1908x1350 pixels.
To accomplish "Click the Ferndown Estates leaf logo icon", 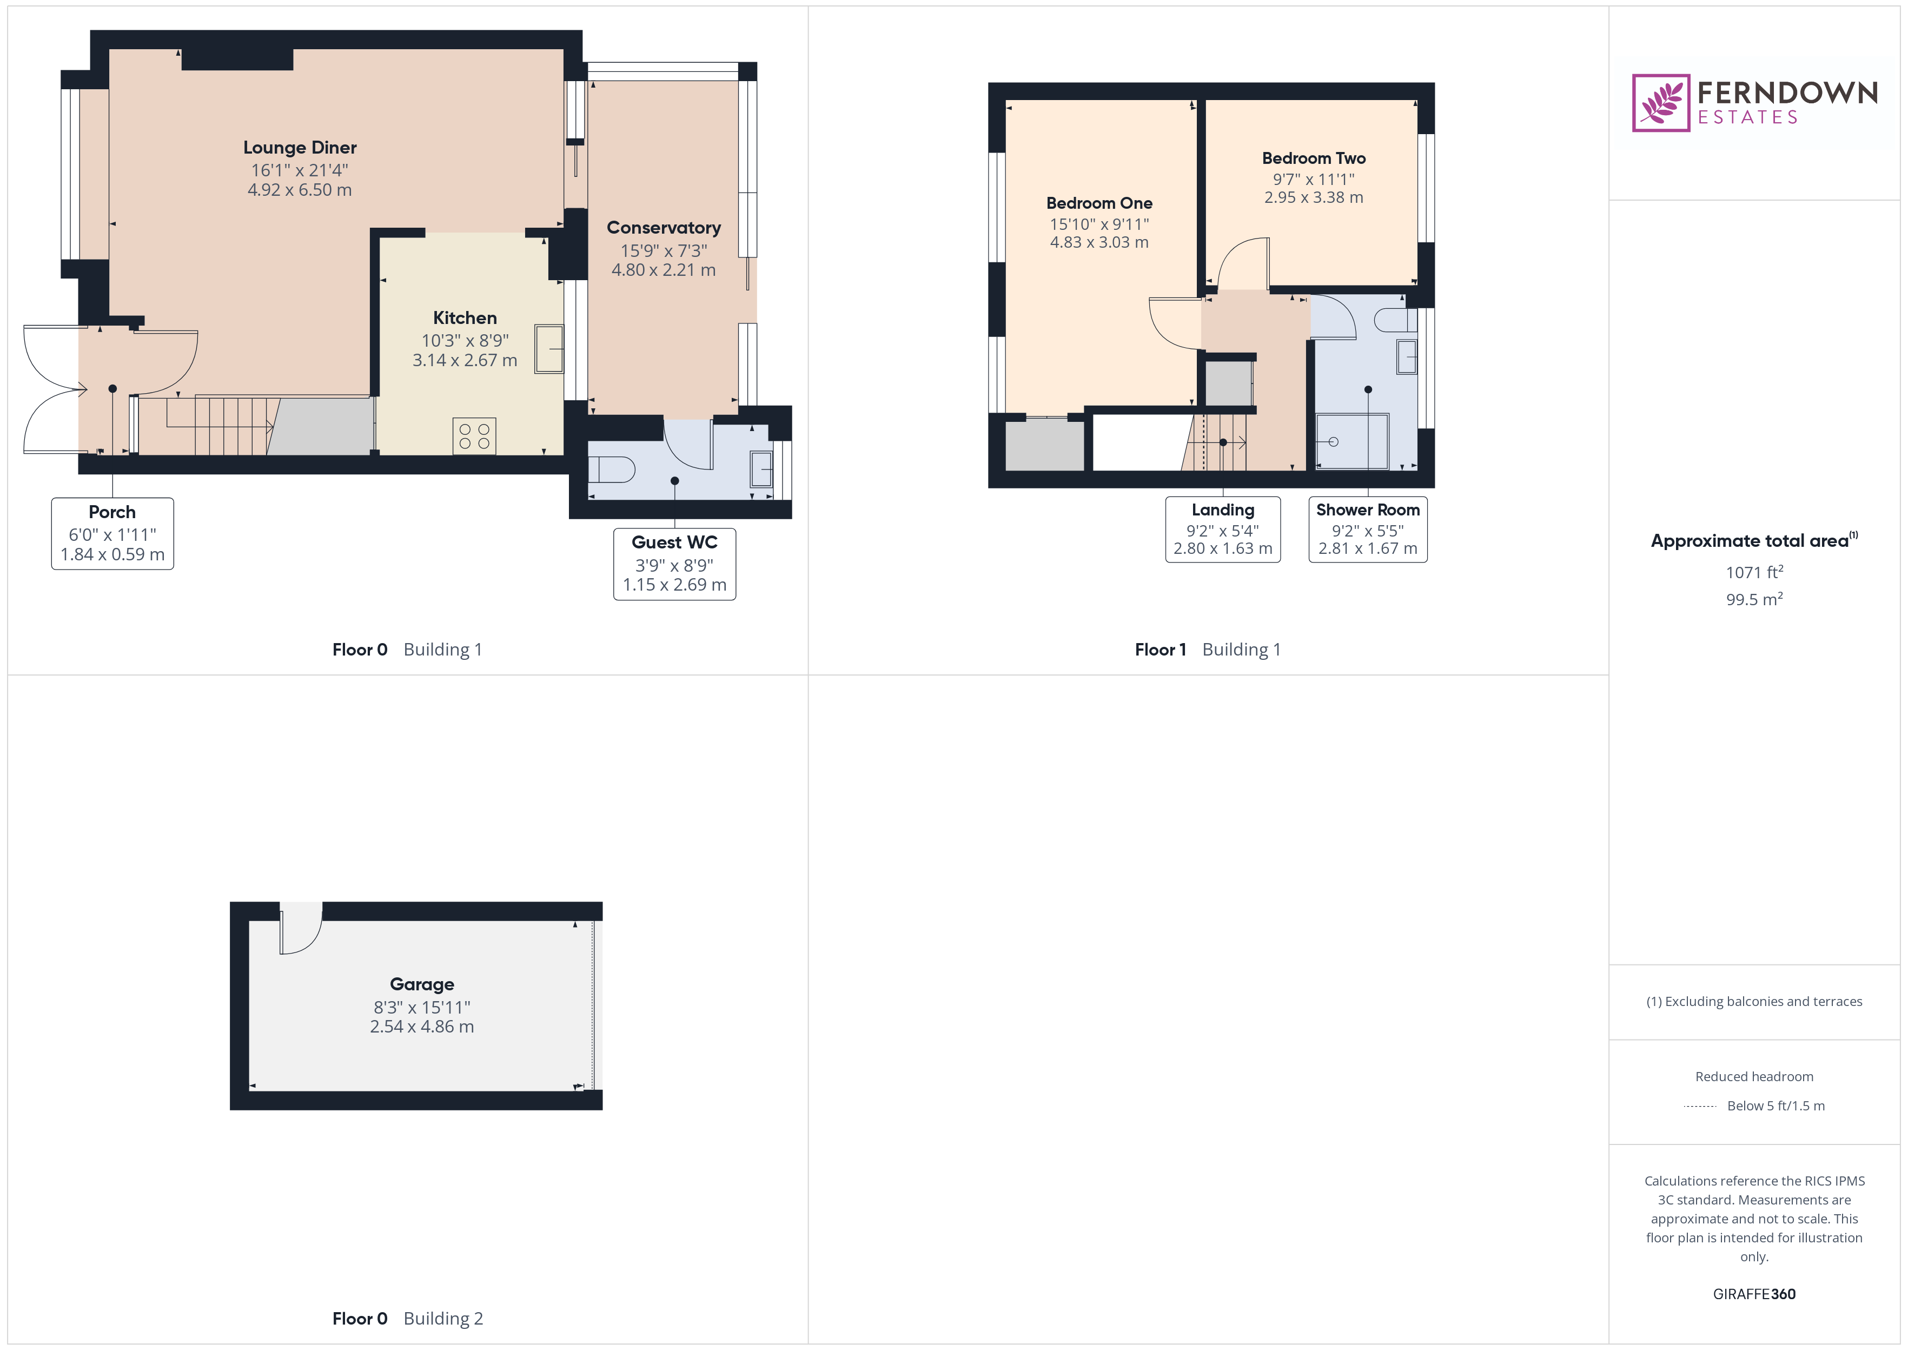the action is [1660, 103].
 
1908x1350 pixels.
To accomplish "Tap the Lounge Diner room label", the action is [300, 147].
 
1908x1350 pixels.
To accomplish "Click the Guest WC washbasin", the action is [761, 469].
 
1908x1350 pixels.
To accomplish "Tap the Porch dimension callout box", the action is [112, 534].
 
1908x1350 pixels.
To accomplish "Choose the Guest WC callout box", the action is [675, 564].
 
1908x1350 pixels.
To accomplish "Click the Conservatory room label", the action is [664, 228].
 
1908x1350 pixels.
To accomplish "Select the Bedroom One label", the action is [1099, 203].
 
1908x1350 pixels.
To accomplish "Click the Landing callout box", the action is [1223, 530].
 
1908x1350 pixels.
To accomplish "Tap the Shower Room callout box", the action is [1368, 530].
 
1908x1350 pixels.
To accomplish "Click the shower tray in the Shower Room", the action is [1352, 441].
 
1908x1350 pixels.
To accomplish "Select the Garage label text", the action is [422, 984].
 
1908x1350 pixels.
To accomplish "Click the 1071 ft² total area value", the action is [1754, 572].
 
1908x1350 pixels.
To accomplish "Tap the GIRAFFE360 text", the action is [1754, 1294].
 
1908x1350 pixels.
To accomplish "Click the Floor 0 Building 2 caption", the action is [407, 1319].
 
